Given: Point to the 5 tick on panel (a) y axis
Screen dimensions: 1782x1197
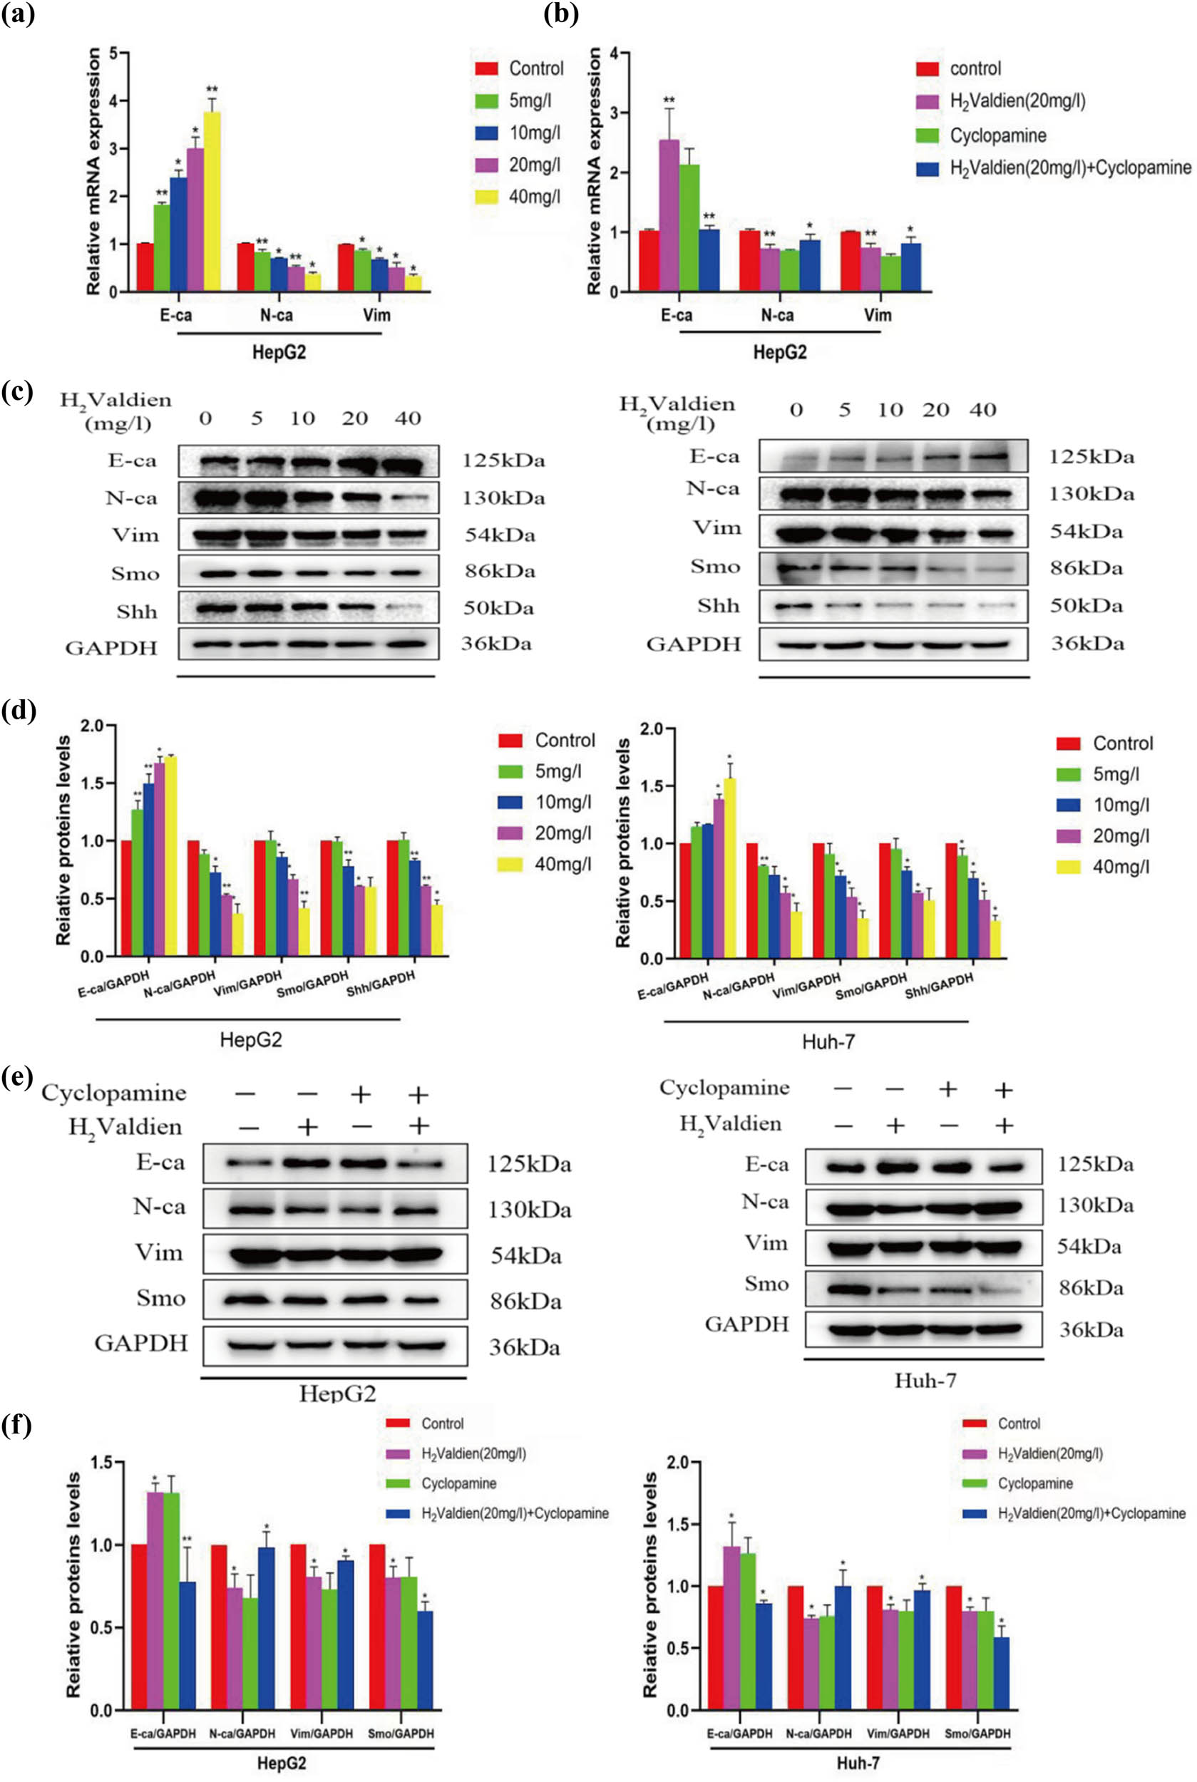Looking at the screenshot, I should [x=113, y=53].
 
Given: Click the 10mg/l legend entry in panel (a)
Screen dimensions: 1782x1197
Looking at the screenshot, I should [x=535, y=133].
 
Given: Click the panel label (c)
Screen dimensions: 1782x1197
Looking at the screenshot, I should [x=17, y=392].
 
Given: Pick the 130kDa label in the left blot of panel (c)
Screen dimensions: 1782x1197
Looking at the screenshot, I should [x=503, y=498].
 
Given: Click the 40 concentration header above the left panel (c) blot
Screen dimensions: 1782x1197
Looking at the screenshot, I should [x=407, y=418].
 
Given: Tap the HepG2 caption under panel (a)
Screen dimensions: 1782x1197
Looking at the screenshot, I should [x=279, y=353].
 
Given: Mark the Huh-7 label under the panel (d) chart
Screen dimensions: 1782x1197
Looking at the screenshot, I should [x=828, y=1041].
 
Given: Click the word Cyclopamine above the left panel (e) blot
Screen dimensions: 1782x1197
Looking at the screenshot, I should [x=114, y=1093].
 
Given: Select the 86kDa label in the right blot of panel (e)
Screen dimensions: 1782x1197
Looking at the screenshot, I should [x=1091, y=1289].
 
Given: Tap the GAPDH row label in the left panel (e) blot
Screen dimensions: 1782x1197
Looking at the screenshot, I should [x=141, y=1343].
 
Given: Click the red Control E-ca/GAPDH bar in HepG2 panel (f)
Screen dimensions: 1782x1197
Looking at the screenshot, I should [x=139, y=1627].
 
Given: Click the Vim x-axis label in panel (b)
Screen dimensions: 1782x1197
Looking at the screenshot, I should [x=877, y=315].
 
